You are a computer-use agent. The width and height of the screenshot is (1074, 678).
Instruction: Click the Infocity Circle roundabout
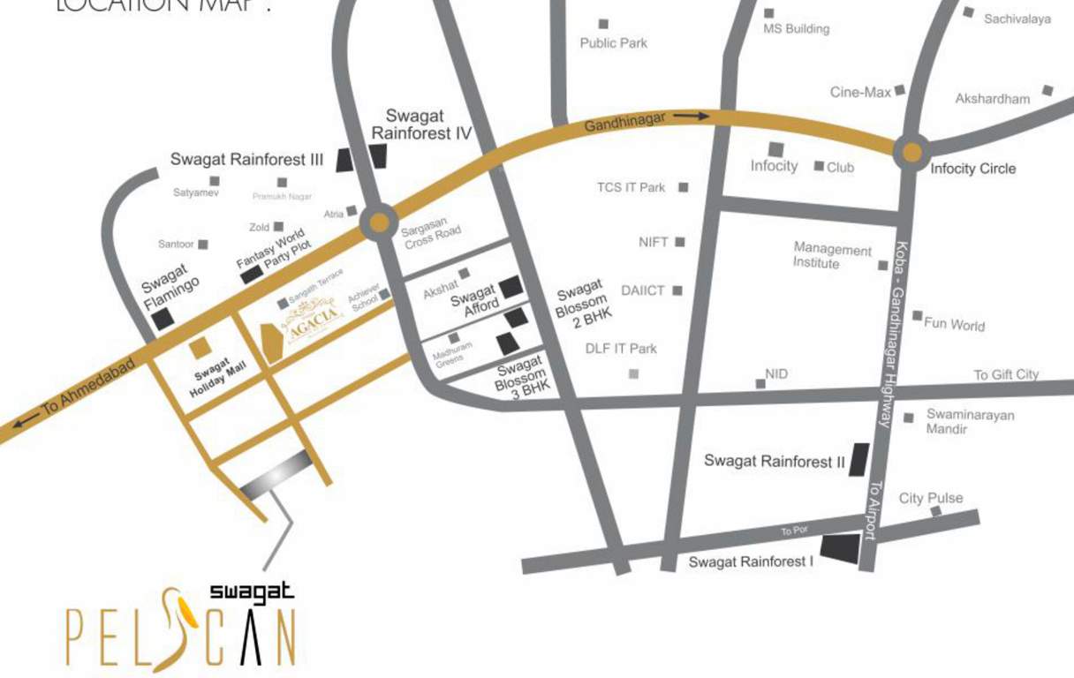tap(910, 151)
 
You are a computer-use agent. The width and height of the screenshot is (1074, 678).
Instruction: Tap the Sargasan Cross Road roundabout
tap(379, 221)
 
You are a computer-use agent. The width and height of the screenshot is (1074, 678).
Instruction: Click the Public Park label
tap(613, 42)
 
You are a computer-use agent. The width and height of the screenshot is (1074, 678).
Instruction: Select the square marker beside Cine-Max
tap(899, 90)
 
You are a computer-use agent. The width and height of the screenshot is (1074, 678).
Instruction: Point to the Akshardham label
tap(992, 99)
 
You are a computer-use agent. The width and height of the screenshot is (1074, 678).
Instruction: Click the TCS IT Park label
tap(631, 187)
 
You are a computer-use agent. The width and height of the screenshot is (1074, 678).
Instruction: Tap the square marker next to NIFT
tap(679, 242)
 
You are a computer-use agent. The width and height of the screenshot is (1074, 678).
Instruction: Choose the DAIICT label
tap(642, 290)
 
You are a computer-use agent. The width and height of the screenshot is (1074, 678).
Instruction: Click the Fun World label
tap(954, 324)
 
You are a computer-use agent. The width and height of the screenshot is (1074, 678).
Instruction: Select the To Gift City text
tap(1006, 374)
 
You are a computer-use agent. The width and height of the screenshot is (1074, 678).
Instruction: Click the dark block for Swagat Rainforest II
tap(858, 460)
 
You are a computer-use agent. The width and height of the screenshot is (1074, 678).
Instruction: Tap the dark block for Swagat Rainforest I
tap(840, 549)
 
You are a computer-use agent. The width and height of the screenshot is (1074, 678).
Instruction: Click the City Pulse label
tap(930, 498)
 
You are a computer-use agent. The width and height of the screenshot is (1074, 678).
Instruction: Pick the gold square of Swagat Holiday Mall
tap(200, 348)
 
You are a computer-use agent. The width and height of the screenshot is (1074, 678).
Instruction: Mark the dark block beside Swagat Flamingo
tap(163, 320)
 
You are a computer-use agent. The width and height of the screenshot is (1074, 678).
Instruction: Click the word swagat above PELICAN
tap(252, 592)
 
